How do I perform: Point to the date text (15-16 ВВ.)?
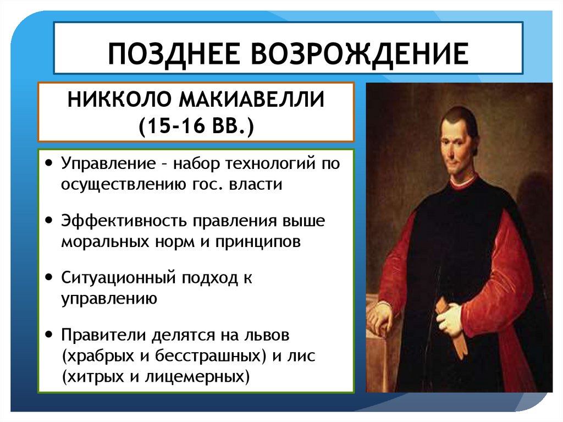pos(196,126)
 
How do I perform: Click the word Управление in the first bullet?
pos(108,164)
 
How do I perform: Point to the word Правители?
pos(103,335)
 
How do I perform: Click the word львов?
pos(267,335)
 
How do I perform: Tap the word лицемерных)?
pos(197,377)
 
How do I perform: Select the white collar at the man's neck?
pos(463,182)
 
